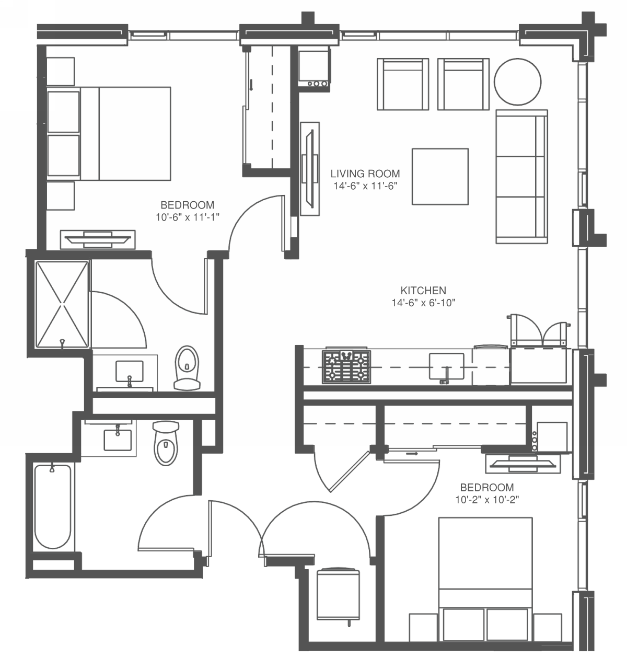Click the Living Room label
[365, 174]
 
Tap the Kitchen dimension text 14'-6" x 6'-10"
[423, 303]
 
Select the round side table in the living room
[517, 82]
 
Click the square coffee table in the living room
[440, 177]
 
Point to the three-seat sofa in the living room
[521, 177]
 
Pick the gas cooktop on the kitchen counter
[346, 367]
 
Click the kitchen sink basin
[446, 366]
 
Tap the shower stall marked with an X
[62, 304]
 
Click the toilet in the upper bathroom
[187, 368]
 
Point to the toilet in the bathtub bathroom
[166, 444]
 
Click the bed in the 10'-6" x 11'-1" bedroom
[109, 133]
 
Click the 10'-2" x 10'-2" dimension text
[487, 500]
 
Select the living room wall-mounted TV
[310, 168]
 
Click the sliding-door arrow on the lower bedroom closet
[412, 453]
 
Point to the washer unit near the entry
[338, 595]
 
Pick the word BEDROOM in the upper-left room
[188, 205]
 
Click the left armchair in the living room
[403, 84]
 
